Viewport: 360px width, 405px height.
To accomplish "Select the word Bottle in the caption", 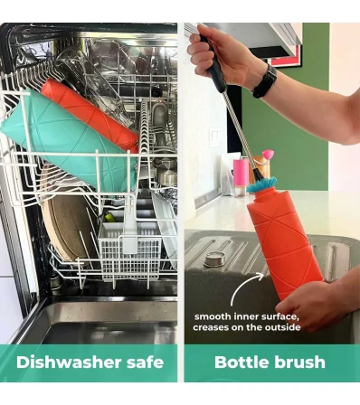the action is (240, 362).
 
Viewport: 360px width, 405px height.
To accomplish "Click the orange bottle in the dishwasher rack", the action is (90, 116).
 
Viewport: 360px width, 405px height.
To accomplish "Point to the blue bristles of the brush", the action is (261, 184).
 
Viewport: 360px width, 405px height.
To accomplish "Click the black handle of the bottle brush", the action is (214, 66).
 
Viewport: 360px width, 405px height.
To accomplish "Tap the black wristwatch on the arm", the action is (265, 81).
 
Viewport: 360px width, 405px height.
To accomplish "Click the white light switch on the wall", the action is (215, 137).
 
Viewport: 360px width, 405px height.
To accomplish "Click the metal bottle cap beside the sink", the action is (216, 259).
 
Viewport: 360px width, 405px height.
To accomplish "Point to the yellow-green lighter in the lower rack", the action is (109, 216).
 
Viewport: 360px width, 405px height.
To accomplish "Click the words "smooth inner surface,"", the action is (247, 316).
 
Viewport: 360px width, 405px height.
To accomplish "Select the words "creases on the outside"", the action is (247, 327).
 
